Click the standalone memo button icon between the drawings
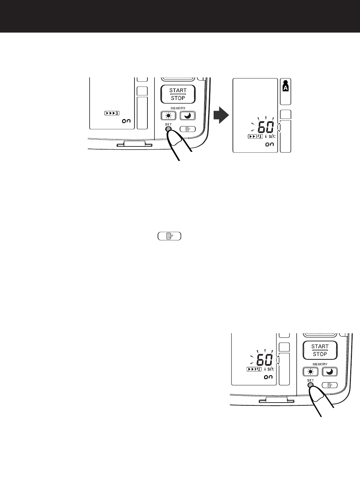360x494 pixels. (x=169, y=236)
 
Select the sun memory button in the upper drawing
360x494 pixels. (x=168, y=116)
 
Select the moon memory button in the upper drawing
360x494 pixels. (x=188, y=116)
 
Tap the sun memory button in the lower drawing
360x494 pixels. (x=310, y=372)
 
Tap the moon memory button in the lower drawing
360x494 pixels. (x=330, y=372)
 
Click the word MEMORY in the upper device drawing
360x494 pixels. (x=178, y=108)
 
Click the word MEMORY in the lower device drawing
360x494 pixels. (x=320, y=364)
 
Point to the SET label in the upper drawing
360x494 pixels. (x=168, y=124)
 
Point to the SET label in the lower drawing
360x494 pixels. (x=310, y=380)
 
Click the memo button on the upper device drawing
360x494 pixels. (x=187, y=129)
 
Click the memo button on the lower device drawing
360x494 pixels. (x=330, y=385)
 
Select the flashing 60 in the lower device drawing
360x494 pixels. (x=265, y=361)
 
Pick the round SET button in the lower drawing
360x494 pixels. (x=311, y=385)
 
